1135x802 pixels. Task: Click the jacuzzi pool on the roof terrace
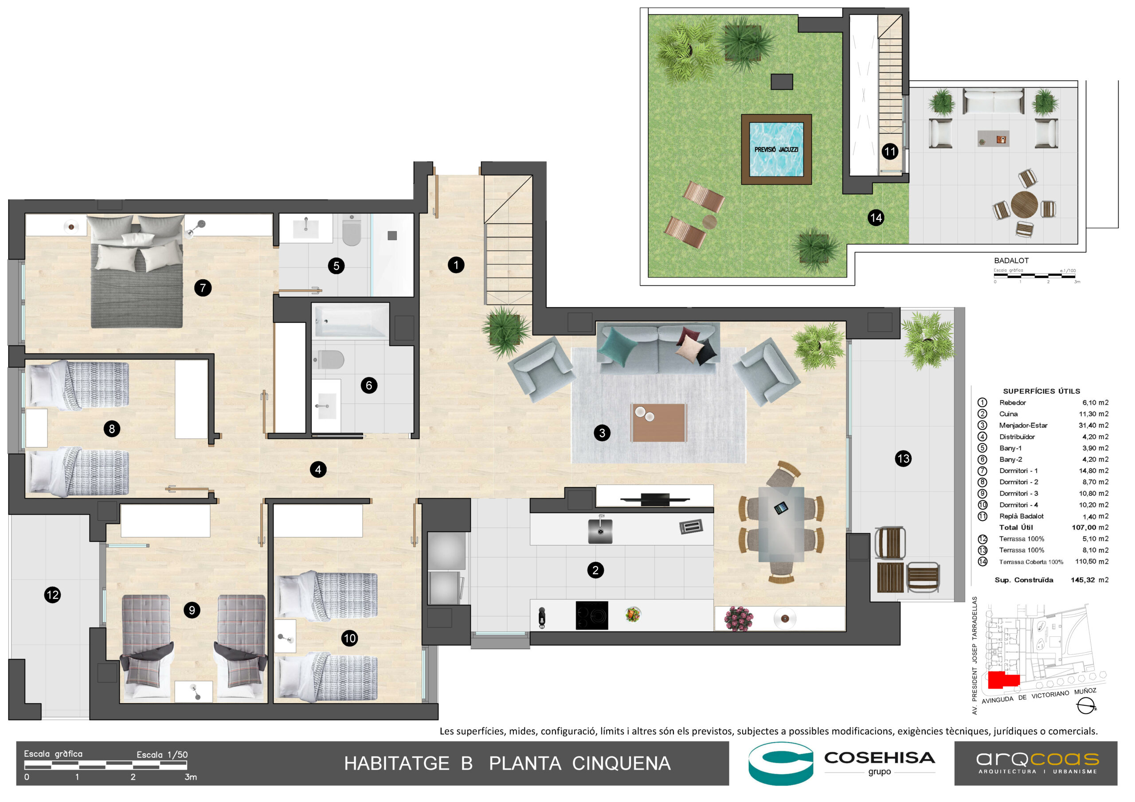[x=776, y=149]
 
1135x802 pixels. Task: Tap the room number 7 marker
[x=203, y=288]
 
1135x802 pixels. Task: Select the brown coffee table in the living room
[x=658, y=423]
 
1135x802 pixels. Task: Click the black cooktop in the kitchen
[x=592, y=615]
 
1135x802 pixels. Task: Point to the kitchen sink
[x=600, y=531]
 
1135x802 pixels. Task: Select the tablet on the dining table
[x=781, y=507]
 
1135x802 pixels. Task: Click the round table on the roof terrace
[x=1024, y=204]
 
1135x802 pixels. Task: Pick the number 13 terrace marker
[x=903, y=459]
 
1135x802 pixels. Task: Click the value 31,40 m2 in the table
[x=1093, y=425]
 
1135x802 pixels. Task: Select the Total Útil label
[x=1016, y=527]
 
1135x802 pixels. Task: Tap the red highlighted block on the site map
[x=1003, y=680]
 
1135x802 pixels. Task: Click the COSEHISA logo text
[x=880, y=758]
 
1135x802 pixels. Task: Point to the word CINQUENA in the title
[x=622, y=763]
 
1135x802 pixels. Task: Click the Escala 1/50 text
[x=162, y=755]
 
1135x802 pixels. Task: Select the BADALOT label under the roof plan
[x=1011, y=261]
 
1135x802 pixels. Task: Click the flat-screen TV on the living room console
[x=655, y=499]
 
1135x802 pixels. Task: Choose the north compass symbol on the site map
[x=1086, y=707]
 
